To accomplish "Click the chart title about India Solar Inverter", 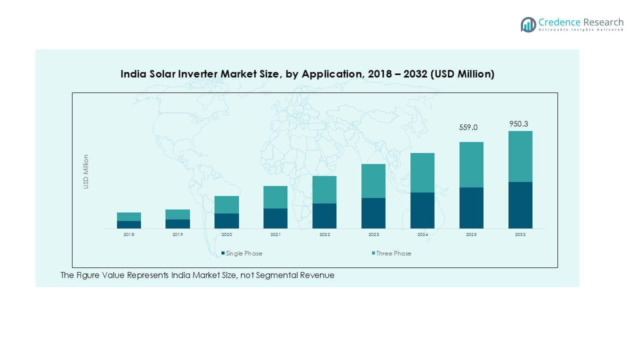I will click(307, 74).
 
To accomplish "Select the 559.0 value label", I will click(468, 127).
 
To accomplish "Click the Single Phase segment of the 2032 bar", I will click(520, 205).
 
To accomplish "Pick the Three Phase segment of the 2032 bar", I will click(520, 156).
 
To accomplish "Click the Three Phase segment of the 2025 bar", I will click(471, 164).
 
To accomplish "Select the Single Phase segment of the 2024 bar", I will click(422, 210).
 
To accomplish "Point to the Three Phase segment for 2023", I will click(373, 181).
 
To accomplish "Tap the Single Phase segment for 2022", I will click(324, 215).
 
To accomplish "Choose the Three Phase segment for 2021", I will click(275, 197).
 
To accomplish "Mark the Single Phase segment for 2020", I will click(226, 220).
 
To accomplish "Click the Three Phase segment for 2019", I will click(177, 214).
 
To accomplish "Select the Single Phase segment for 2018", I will click(128, 224).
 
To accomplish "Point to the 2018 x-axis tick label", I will click(128, 234).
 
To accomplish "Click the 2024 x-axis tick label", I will click(422, 234).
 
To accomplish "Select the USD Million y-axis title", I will click(86, 171).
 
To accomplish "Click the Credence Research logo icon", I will click(528, 24).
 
